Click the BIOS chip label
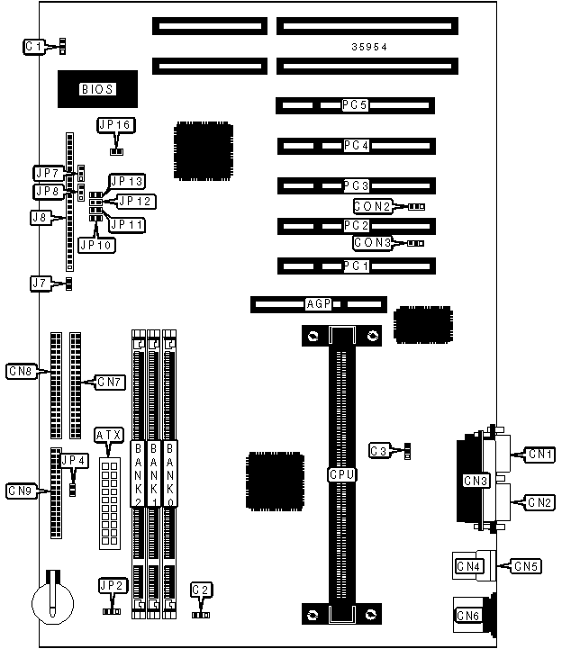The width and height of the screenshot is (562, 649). [96, 89]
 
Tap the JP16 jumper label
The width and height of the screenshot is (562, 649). [114, 124]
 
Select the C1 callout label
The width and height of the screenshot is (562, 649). [34, 45]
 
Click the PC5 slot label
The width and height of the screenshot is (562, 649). [355, 106]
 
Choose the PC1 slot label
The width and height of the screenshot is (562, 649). [356, 266]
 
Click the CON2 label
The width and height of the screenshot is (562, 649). [372, 207]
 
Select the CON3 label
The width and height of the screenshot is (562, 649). [372, 243]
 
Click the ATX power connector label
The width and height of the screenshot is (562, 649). [107, 436]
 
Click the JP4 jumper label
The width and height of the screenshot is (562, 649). [74, 461]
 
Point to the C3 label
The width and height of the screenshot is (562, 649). [380, 449]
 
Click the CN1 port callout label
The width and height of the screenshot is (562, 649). [541, 454]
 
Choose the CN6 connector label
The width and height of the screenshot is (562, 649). [468, 616]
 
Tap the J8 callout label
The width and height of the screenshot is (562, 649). [40, 217]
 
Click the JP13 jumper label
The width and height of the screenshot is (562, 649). [126, 182]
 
